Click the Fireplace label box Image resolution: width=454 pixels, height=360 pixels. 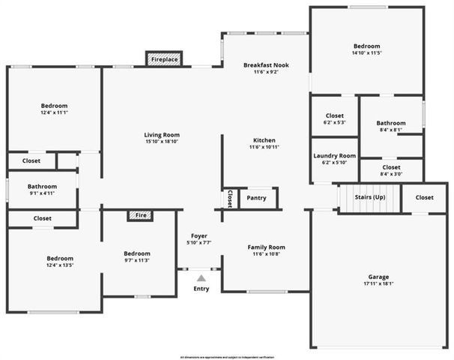(164, 58)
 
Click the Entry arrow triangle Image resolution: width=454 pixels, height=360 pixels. (201, 278)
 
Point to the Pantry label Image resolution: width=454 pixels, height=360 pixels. (257, 198)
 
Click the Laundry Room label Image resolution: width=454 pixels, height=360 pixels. (334, 155)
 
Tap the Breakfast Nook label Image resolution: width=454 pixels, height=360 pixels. (266, 65)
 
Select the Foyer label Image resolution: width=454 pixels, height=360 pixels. (199, 235)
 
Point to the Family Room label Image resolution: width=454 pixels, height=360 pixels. (267, 247)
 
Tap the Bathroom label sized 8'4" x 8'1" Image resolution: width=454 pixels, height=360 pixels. (390, 123)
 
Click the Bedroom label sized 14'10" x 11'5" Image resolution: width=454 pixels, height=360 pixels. (367, 46)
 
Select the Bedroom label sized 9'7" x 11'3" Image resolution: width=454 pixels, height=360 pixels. (137, 253)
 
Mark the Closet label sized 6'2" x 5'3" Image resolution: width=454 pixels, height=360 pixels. (334, 115)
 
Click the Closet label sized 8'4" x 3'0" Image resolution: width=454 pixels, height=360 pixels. (391, 167)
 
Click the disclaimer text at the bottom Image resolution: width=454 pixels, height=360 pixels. (226, 355)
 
